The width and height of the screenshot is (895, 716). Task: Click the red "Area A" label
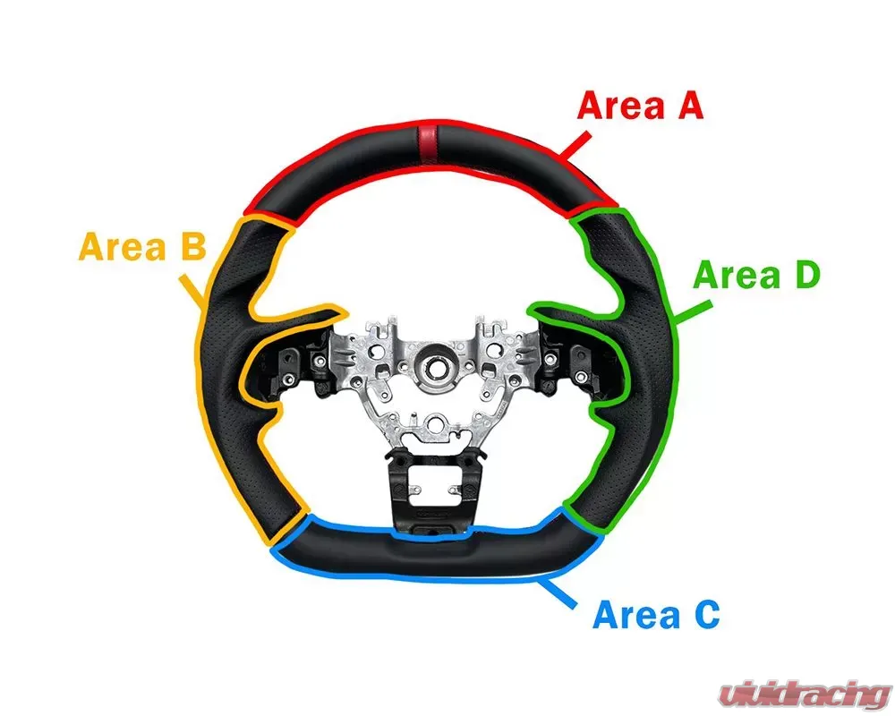[640, 106]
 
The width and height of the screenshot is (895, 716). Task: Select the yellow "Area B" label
[143, 246]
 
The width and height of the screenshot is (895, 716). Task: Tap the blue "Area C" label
[656, 615]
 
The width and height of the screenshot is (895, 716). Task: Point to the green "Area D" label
[756, 276]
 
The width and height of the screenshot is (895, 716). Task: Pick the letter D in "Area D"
[804, 276]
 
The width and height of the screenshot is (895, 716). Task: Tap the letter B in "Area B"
[192, 246]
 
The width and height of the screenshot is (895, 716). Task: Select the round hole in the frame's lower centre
[436, 421]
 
